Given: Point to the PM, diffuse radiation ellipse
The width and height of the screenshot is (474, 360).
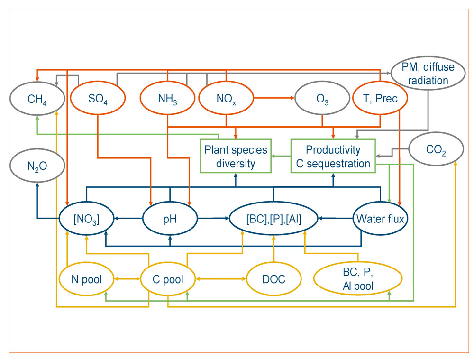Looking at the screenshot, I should click(428, 74).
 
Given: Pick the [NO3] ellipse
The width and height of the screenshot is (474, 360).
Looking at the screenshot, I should click(86, 219).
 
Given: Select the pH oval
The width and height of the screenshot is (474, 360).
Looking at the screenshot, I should click(170, 219).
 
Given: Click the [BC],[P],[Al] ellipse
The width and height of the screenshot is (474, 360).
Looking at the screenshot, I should click(273, 219).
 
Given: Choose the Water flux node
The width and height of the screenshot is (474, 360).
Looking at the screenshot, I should click(380, 219).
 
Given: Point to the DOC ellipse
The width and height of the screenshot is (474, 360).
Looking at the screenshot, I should click(273, 279).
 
